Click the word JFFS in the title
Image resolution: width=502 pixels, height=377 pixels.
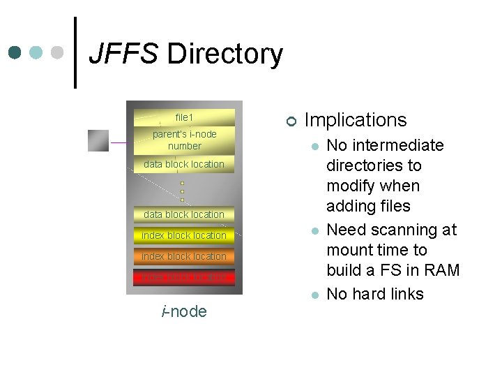coord(123,54)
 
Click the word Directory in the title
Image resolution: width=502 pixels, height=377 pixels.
coord(225,54)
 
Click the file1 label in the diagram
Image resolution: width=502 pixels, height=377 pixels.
coord(184,117)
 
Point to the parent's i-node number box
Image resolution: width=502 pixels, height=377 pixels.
coord(184,140)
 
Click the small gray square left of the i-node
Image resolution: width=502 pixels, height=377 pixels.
coord(98,140)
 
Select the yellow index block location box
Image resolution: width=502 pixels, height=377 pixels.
coord(184,235)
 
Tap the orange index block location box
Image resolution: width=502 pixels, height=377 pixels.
coord(184,256)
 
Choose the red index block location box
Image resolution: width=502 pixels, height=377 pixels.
coord(184,277)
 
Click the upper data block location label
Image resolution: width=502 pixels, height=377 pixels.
coord(184,164)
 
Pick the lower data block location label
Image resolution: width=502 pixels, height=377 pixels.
coord(184,214)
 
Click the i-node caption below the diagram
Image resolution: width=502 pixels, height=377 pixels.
coord(184,311)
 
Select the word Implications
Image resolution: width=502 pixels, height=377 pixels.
coord(356,120)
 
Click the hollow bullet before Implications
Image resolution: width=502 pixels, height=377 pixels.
coord(291,121)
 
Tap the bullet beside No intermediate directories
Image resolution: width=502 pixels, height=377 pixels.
coord(315,147)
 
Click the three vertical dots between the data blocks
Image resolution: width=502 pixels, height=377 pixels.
coord(182,192)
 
